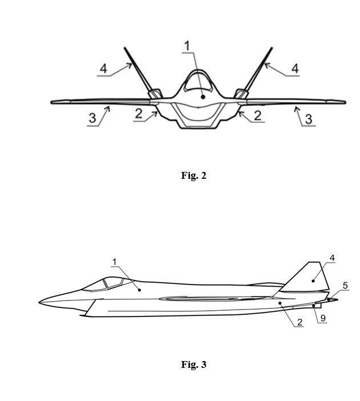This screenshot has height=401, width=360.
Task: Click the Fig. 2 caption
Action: click(193, 175)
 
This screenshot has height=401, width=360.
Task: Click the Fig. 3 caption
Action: click(193, 364)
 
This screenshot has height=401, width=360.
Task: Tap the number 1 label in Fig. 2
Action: click(187, 46)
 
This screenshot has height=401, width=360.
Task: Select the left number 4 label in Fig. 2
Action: click(103, 69)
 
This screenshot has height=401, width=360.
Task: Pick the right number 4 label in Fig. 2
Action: click(295, 69)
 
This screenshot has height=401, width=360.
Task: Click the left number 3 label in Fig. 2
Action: click(92, 118)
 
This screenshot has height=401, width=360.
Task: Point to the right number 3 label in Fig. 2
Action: click(309, 119)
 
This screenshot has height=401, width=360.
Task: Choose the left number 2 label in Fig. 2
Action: click(139, 114)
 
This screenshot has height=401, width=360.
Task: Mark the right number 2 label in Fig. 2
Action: click(257, 115)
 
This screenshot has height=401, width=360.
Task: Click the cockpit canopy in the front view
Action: click(199, 81)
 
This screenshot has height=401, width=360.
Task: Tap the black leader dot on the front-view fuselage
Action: click(203, 97)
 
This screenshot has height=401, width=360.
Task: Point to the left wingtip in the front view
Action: click(52, 102)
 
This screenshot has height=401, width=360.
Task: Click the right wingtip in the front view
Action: click(345, 102)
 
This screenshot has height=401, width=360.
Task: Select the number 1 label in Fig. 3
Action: click(115, 262)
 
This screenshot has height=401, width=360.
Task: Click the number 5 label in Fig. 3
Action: click(345, 286)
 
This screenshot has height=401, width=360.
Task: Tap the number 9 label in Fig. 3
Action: click(323, 318)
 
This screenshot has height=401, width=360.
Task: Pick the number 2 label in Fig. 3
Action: click(300, 322)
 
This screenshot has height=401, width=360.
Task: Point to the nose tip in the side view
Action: click(39, 303)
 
